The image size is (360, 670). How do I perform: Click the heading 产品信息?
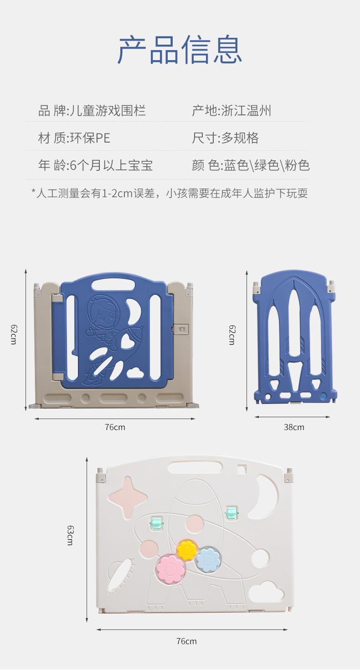pyautogui.click(x=180, y=49)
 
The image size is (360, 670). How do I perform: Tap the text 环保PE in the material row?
pyautogui.click(x=89, y=138)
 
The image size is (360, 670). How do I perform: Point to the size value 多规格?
pyautogui.click(x=240, y=138)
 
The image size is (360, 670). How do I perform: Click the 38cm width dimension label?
pyautogui.click(x=294, y=427)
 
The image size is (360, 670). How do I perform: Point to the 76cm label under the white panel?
pyautogui.click(x=186, y=641)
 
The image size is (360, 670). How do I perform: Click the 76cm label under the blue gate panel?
pyautogui.click(x=115, y=427)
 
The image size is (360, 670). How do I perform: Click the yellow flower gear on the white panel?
pyautogui.click(x=187, y=549)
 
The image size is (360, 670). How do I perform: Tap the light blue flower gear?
pyautogui.click(x=208, y=559)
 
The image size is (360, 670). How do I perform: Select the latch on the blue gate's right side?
pyautogui.click(x=182, y=329)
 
